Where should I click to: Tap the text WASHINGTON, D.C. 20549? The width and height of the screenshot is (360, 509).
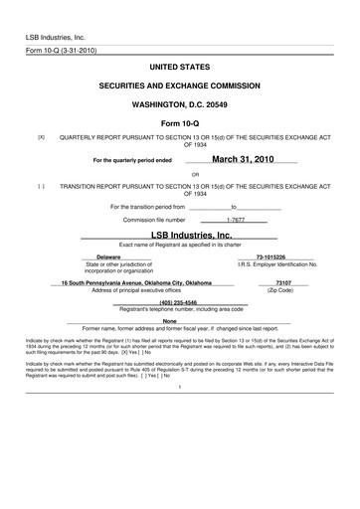180,103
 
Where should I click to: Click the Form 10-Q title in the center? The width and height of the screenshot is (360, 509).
180,123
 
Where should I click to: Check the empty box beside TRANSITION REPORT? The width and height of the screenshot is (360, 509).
41,185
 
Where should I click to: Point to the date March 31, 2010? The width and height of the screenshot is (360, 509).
246,158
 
